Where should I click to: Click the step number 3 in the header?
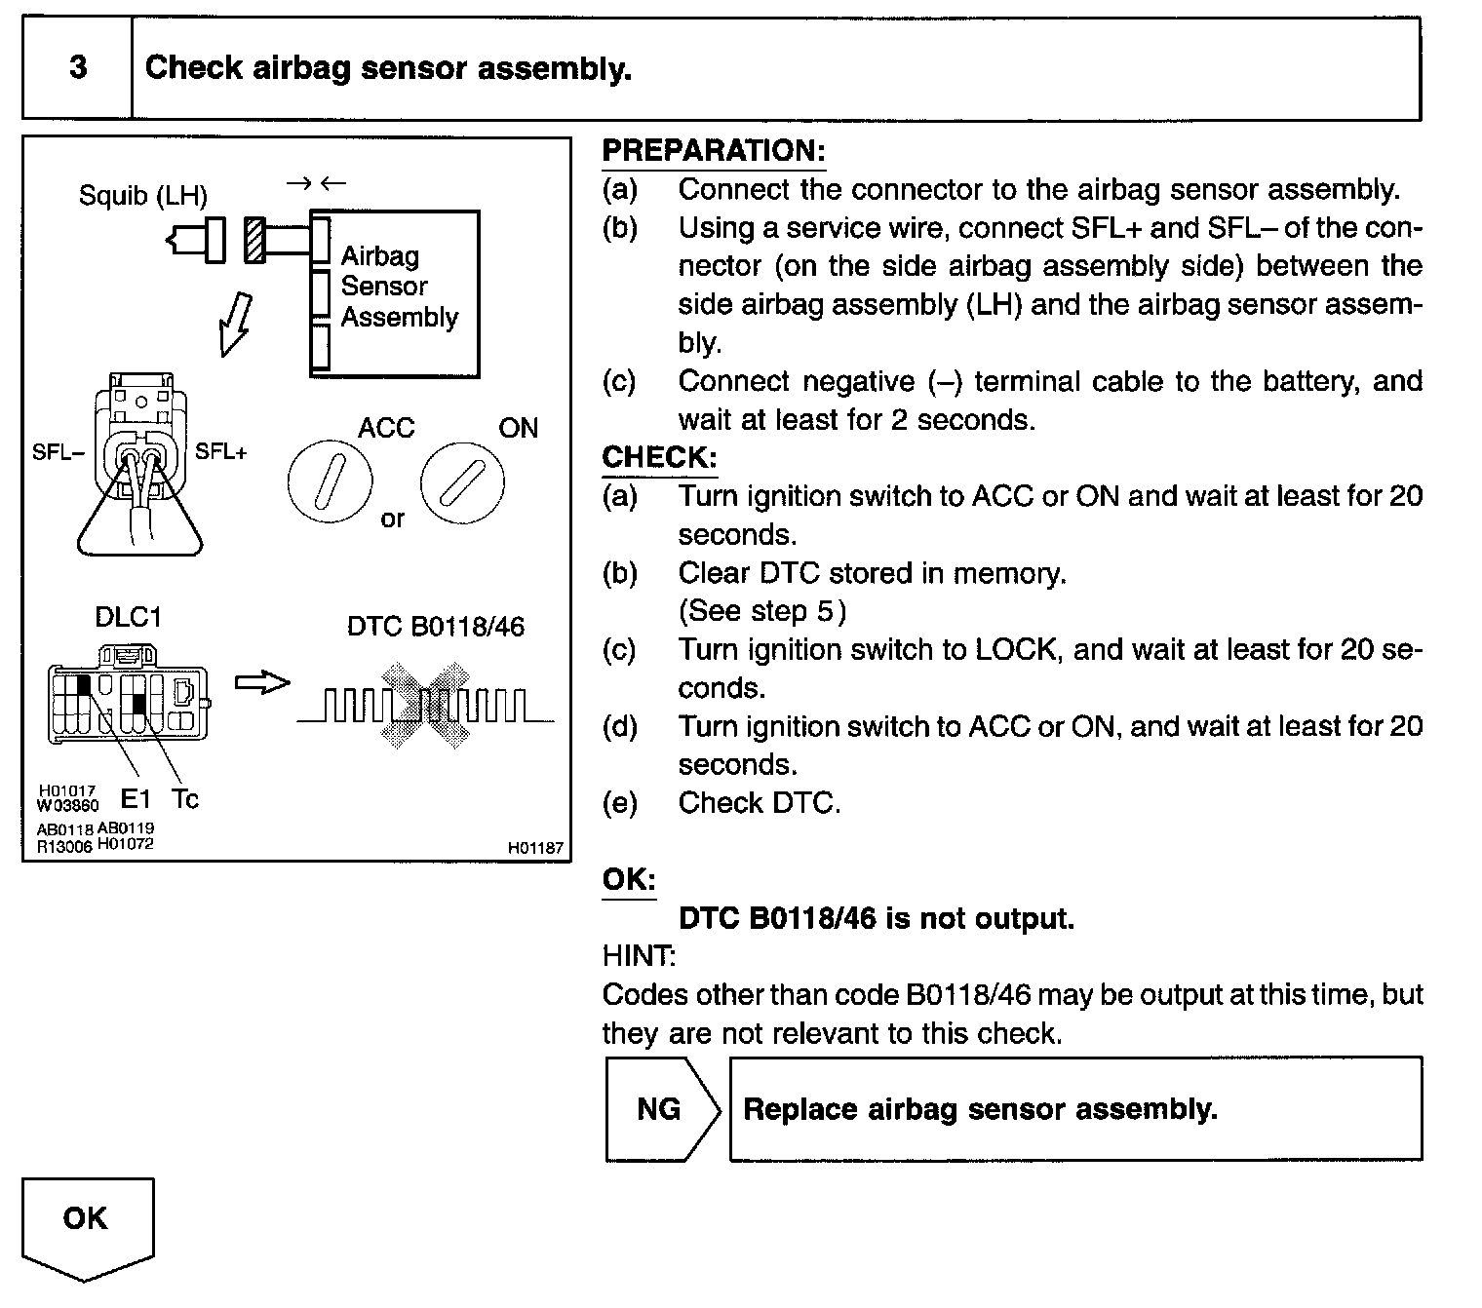point(78,68)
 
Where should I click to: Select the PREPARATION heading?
point(713,151)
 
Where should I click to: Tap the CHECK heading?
point(659,457)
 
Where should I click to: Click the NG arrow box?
point(661,1109)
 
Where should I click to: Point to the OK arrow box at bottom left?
point(86,1222)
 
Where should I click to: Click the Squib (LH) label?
point(142,196)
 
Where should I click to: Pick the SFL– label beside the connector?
point(58,452)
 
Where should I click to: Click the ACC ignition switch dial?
point(330,483)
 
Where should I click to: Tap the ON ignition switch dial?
point(463,483)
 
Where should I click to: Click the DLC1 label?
point(128,617)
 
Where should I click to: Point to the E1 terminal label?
point(136,800)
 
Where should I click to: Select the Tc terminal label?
point(184,799)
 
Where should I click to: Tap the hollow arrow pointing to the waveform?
point(262,683)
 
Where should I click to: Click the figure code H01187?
point(535,848)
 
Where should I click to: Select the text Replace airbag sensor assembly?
point(980,1109)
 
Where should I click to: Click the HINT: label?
point(639,956)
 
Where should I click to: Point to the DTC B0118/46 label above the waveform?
point(435,626)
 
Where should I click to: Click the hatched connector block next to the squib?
point(254,240)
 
